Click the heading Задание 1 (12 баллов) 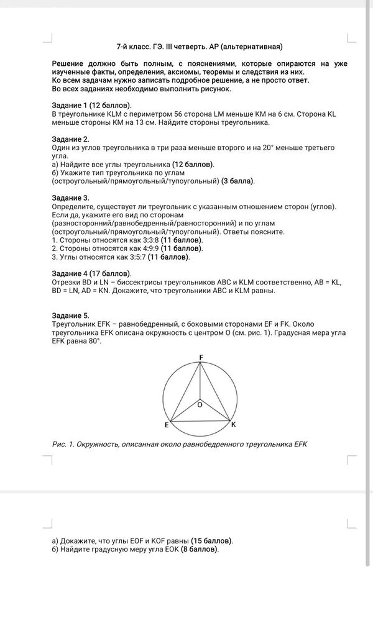click(92, 106)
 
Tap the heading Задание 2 click(71, 139)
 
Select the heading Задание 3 click(71, 198)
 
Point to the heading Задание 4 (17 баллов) click(92, 273)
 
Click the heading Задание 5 click(71, 316)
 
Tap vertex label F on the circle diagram click(200, 357)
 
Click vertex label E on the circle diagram click(167, 425)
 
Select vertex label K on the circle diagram click(233, 425)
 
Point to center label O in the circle click(200, 404)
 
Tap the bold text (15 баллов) click(212, 540)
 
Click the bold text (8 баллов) click(200, 549)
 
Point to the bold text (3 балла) click(238, 181)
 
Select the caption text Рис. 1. click(63, 444)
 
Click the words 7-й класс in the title click(132, 47)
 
